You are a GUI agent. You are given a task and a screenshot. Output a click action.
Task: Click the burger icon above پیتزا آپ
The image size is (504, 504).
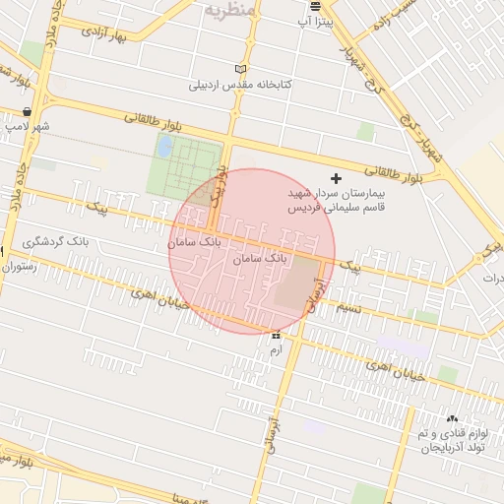[315, 5]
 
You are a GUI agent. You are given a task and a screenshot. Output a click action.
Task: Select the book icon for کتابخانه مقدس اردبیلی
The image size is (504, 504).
[241, 68]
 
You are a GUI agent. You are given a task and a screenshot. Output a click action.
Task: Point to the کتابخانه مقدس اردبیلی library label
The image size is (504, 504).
[242, 85]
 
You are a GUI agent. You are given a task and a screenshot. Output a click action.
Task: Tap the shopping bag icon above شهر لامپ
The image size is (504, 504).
[25, 110]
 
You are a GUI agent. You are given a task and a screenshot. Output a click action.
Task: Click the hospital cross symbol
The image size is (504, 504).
[337, 178]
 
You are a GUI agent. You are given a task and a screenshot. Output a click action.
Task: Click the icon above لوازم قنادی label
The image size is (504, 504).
[452, 418]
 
